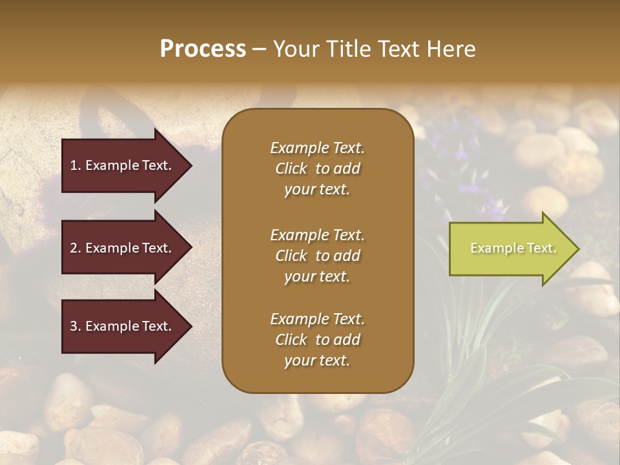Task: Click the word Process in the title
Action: click(203, 49)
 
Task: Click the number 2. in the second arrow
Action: click(76, 248)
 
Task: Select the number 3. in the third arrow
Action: click(76, 326)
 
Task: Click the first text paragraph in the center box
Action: click(317, 169)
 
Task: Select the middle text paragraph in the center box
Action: click(317, 255)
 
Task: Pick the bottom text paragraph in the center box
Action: click(317, 340)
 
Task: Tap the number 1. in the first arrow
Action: click(76, 165)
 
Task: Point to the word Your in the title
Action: click(294, 49)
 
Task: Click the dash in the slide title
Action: click(259, 50)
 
